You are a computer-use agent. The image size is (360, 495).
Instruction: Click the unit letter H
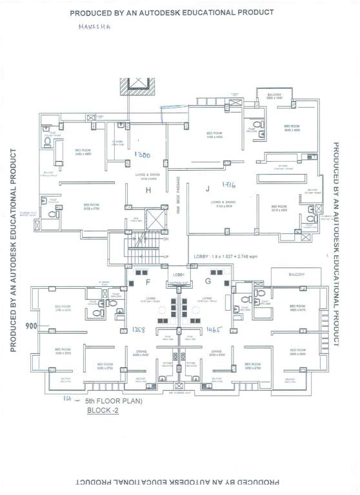pos(148,189)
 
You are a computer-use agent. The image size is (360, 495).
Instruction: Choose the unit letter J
pos(208,189)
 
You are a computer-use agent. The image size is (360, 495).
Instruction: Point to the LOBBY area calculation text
pos(228,256)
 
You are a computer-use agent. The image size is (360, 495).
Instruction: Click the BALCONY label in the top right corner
pos(275,95)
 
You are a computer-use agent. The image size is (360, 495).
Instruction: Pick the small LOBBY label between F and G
pos(178,275)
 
